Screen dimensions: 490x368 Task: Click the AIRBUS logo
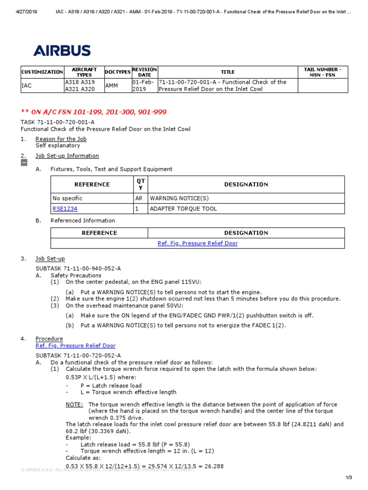[62, 51]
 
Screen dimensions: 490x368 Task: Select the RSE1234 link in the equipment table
[65, 209]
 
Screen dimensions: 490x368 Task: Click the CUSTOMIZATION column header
[42, 72]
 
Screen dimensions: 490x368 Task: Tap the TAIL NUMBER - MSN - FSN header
[322, 72]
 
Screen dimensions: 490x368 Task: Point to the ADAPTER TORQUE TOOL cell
[184, 209]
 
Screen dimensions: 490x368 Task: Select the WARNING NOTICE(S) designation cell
[179, 198]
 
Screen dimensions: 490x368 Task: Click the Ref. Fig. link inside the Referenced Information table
[197, 243]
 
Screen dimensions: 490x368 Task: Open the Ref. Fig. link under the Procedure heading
[75, 345]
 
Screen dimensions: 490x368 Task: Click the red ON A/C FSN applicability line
[93, 112]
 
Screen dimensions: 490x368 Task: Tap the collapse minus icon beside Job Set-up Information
[23, 163]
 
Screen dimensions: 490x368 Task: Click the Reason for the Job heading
[61, 139]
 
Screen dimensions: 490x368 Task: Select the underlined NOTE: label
[74, 404]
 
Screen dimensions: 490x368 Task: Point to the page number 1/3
[348, 478]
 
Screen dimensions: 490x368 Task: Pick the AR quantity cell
[139, 198]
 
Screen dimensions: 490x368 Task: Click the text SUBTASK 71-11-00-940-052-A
[78, 269]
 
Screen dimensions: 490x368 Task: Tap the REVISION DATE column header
[144, 72]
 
